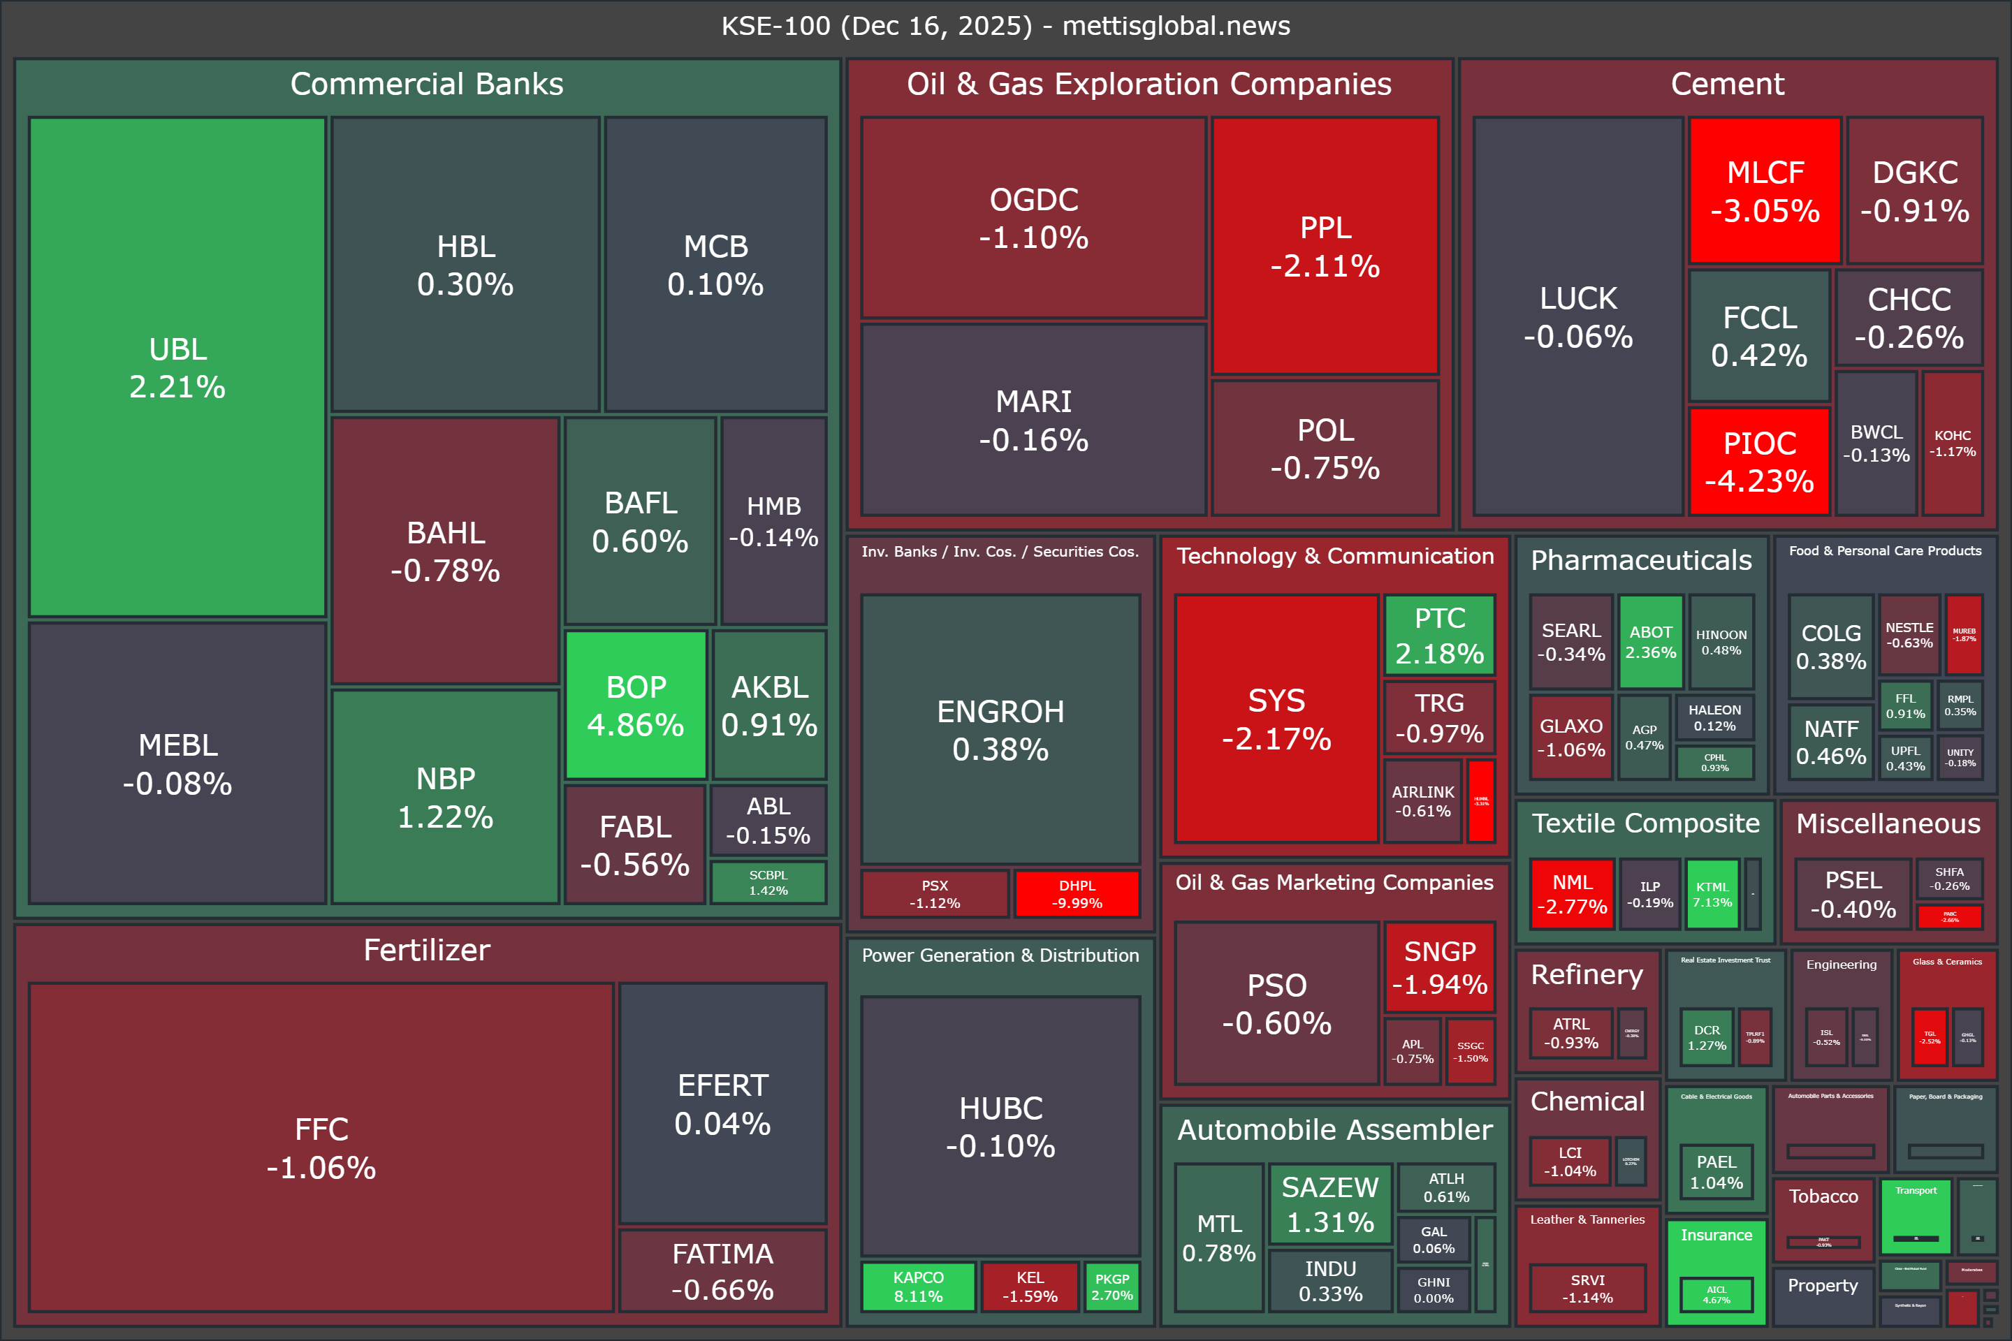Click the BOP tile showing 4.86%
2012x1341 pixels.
(636, 705)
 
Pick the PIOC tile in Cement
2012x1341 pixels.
(1759, 462)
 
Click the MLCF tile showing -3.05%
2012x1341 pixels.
(1765, 191)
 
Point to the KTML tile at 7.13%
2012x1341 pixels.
(1712, 895)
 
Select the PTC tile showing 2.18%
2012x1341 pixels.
(1440, 636)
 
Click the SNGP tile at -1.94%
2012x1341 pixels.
(1440, 967)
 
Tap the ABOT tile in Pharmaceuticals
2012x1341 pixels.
(1650, 641)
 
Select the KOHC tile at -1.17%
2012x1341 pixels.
(1952, 443)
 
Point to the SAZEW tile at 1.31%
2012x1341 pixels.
(1330, 1204)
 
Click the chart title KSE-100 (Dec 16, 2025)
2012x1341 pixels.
(1005, 26)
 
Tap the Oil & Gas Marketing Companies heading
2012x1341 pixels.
(1334, 883)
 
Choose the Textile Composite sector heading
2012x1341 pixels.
(1645, 823)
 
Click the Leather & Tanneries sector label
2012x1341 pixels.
(1587, 1219)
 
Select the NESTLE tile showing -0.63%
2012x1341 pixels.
(1909, 635)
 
